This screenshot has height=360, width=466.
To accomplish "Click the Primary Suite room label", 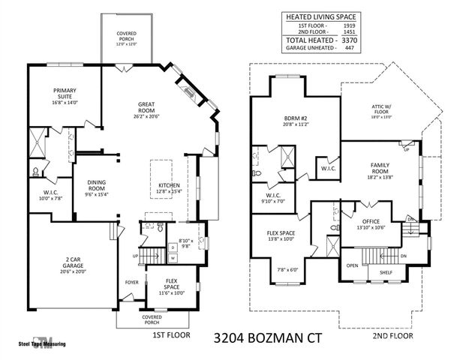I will (x=65, y=94).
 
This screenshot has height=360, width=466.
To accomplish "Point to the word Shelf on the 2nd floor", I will (x=386, y=272).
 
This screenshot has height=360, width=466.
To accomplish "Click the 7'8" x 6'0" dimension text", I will (x=287, y=270).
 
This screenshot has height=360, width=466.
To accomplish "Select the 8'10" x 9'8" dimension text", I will (x=185, y=241).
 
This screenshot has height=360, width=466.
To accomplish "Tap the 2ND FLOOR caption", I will (x=392, y=336).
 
